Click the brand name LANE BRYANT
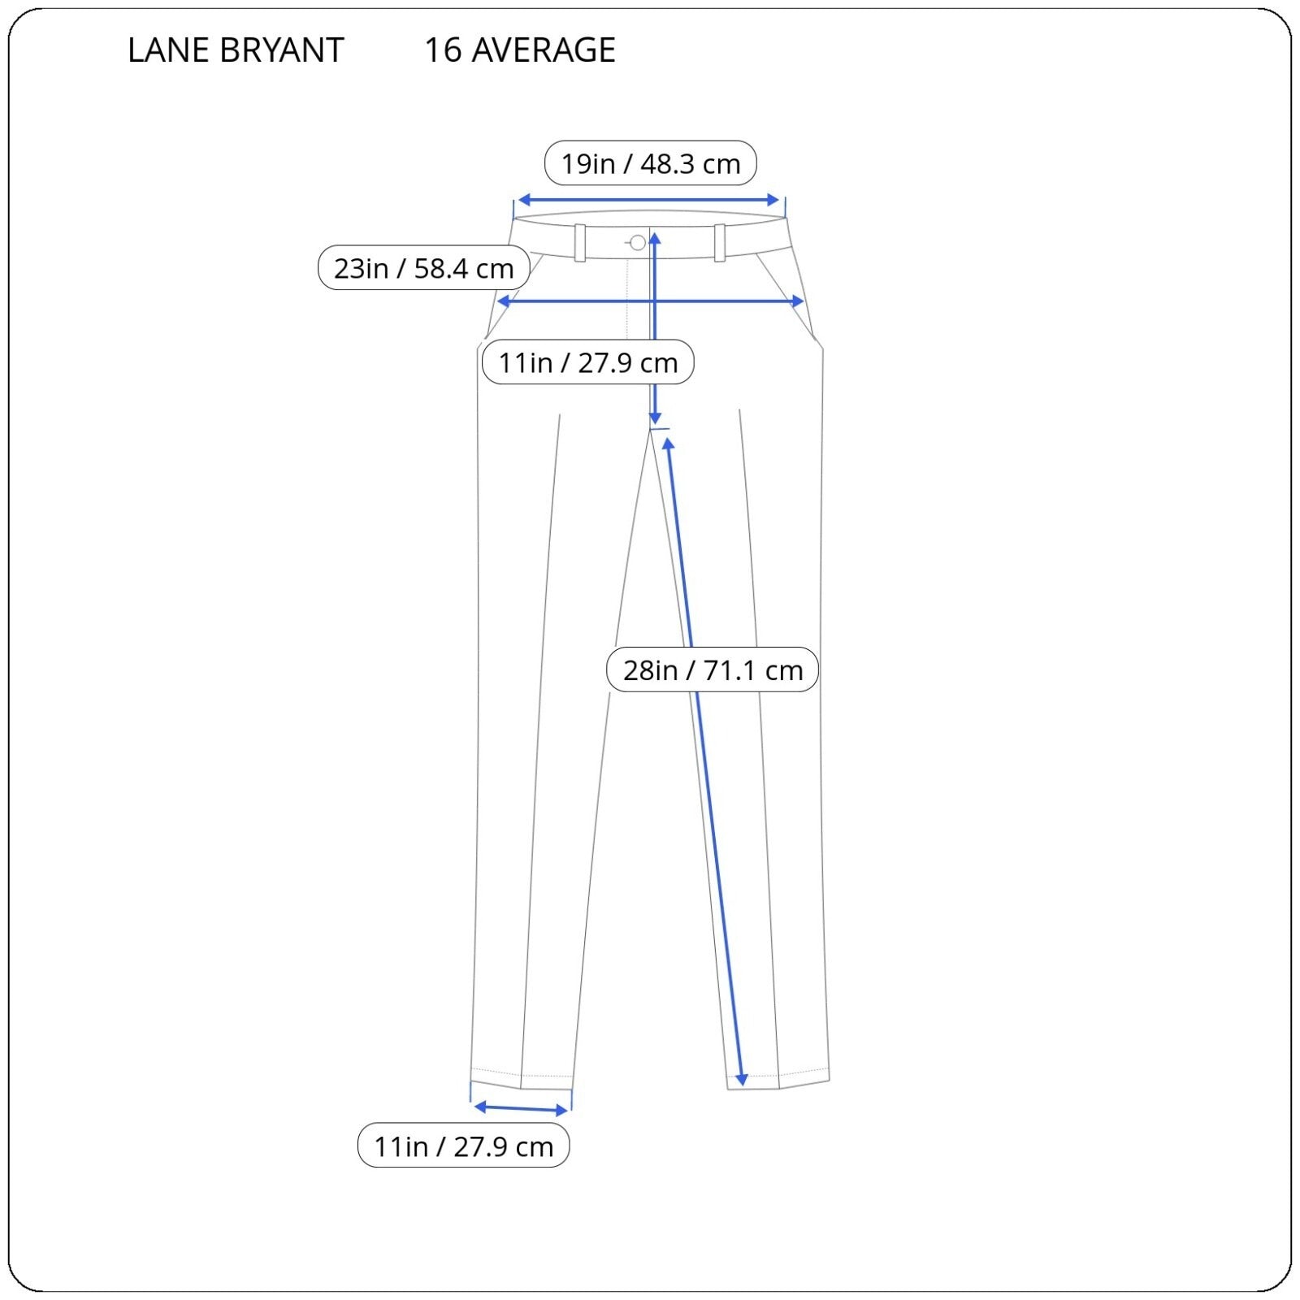point(236,50)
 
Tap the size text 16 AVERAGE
point(520,50)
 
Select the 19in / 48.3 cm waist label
point(651,163)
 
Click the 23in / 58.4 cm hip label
point(424,267)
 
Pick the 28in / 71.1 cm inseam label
point(713,669)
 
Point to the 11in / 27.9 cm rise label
point(588,362)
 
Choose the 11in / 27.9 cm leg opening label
point(464,1146)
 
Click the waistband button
point(638,242)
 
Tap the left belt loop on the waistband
point(580,243)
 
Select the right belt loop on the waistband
point(720,243)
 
